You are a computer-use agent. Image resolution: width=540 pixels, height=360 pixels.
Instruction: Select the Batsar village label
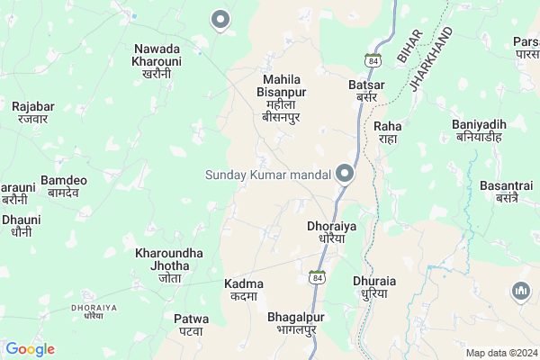point(366,91)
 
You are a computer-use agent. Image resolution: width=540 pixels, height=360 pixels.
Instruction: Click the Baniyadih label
point(479,130)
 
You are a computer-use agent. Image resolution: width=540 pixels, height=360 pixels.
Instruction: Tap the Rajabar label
point(33,112)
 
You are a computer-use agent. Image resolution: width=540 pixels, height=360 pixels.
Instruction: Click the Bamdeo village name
point(64,186)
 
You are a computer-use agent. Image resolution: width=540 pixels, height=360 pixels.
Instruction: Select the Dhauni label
point(21,224)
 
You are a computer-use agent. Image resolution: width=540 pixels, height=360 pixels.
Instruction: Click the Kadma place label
point(244,290)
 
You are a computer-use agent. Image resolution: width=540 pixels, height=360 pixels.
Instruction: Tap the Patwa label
point(191,324)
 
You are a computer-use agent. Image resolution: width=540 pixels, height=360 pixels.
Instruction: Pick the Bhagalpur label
point(295,324)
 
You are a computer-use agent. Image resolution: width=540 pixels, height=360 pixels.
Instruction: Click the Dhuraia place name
point(374,286)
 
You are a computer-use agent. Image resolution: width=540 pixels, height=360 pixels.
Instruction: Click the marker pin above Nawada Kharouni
point(220,19)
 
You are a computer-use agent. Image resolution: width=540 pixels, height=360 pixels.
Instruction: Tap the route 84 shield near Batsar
point(371,59)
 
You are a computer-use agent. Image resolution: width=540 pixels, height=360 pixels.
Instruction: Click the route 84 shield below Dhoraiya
point(318,276)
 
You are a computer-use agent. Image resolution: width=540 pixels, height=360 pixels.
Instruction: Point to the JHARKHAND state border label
point(431,58)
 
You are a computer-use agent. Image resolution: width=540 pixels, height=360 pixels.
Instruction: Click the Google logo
point(31,349)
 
